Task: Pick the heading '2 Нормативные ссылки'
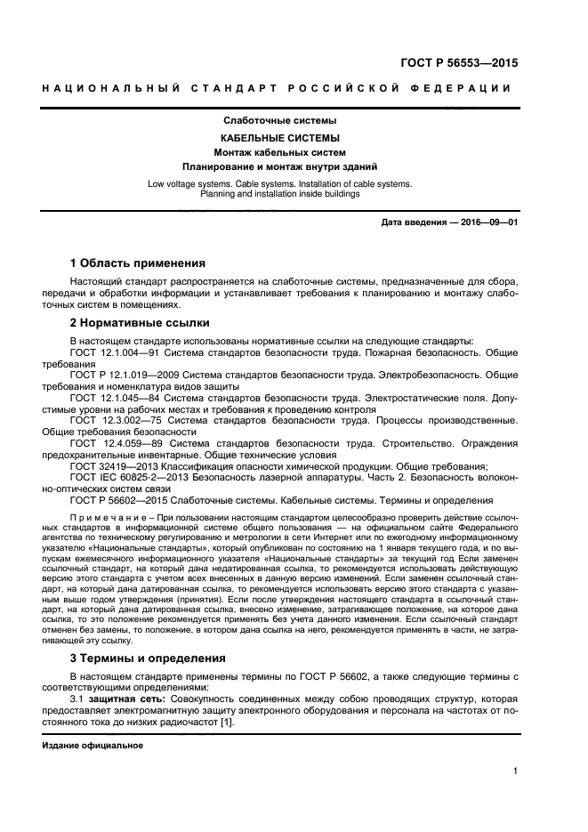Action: [139, 323]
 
